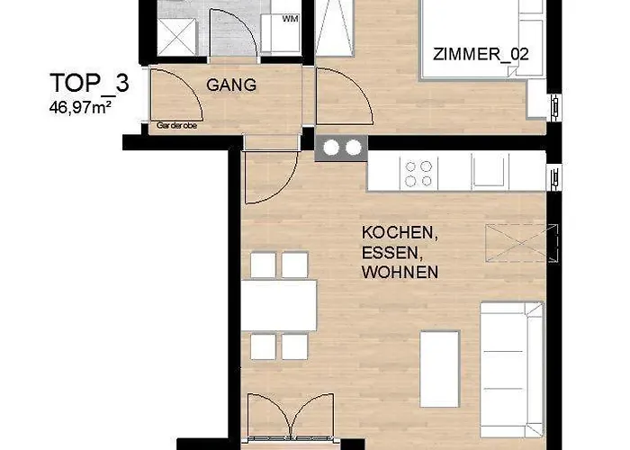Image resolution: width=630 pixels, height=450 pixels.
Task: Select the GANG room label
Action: [232, 85]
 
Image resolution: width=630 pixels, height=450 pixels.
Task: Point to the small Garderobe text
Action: [176, 127]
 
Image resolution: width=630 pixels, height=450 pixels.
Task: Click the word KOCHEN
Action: [400, 232]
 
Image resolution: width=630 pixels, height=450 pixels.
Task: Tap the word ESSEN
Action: [391, 252]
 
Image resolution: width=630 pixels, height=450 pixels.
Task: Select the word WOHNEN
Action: [400, 272]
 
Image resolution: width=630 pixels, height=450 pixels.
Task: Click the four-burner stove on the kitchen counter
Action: [419, 172]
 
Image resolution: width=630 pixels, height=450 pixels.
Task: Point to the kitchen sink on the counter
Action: [490, 172]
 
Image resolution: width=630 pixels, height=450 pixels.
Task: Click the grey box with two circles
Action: [342, 148]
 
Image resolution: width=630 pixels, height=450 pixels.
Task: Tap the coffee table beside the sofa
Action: [441, 357]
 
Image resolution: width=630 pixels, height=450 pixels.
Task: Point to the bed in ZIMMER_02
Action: [481, 40]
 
